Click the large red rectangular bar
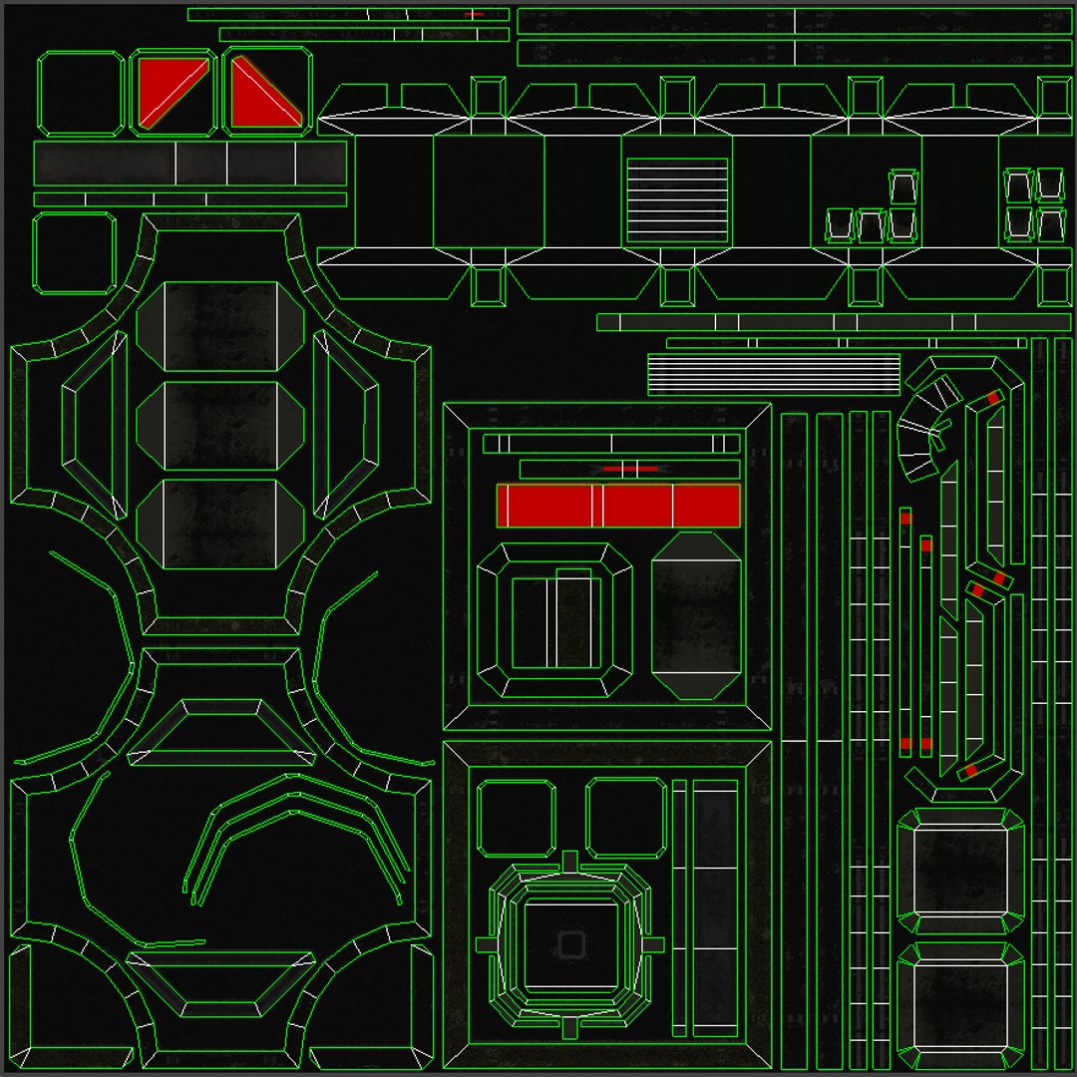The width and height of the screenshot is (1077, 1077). [618, 506]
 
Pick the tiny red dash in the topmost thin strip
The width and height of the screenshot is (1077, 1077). [474, 14]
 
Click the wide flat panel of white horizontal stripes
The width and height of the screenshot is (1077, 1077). [774, 374]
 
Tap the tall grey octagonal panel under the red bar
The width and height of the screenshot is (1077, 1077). [696, 615]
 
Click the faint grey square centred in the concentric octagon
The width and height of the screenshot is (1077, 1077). [570, 944]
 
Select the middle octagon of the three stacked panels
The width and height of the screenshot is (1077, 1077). [219, 426]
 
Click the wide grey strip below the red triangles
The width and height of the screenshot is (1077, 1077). [189, 163]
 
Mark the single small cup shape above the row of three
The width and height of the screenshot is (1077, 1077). [902, 187]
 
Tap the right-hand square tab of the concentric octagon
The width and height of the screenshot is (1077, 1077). [653, 944]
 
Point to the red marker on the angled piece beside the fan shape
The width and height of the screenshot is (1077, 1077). [993, 398]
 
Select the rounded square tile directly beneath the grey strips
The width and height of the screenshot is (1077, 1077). [75, 253]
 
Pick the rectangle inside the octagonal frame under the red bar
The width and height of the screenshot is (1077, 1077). [555, 622]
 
